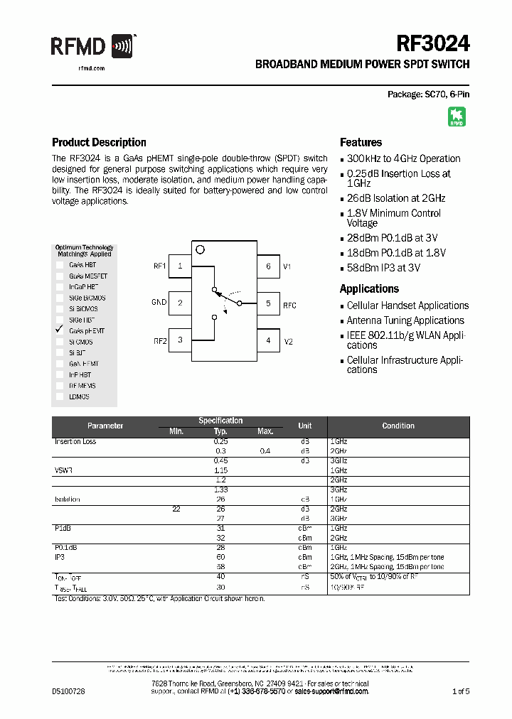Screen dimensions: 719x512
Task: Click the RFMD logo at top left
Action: [x=92, y=48]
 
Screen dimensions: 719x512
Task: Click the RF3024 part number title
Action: [x=432, y=44]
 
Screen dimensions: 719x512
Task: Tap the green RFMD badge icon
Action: [x=457, y=117]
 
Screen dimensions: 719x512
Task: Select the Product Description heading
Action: [x=99, y=142]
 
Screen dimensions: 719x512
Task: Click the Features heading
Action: [x=361, y=142]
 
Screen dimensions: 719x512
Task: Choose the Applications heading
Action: [x=369, y=288]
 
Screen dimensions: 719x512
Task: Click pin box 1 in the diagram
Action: [x=181, y=266]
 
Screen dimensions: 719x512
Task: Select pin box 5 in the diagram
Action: [x=268, y=303]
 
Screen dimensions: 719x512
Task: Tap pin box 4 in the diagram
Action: [x=268, y=340]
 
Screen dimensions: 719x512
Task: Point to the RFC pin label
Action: [x=289, y=305]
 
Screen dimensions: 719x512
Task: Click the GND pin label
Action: [x=159, y=303]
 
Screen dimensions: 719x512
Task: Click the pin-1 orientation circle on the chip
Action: [x=200, y=249]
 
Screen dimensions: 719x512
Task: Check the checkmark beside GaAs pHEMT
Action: [x=60, y=330]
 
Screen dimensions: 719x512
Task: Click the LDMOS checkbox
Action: [x=60, y=396]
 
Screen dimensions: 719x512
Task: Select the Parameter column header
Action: [x=105, y=426]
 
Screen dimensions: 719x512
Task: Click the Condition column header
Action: [x=398, y=426]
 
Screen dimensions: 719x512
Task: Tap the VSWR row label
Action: [x=64, y=470]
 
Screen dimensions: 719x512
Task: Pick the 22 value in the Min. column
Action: [x=176, y=509]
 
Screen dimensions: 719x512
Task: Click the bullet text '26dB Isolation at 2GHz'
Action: [x=395, y=198]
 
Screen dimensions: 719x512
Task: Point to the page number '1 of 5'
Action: [x=460, y=691]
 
